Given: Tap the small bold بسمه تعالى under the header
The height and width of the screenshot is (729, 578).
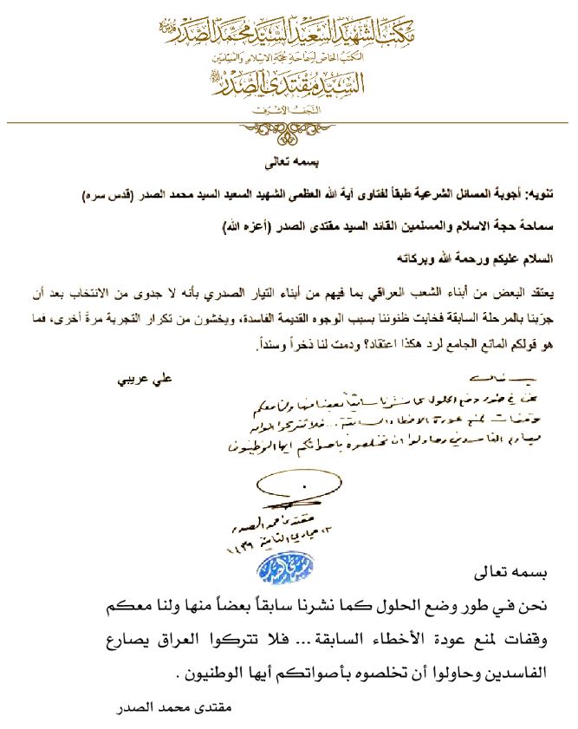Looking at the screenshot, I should [289, 162].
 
